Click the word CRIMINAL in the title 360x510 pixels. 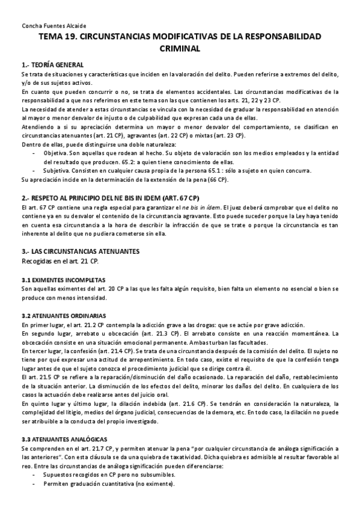pos(180,48)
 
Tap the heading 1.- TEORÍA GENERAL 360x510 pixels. pos(52,64)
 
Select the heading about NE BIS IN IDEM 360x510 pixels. pos(110,198)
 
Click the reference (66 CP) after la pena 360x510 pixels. pos(216,179)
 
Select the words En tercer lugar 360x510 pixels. pos(41,350)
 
